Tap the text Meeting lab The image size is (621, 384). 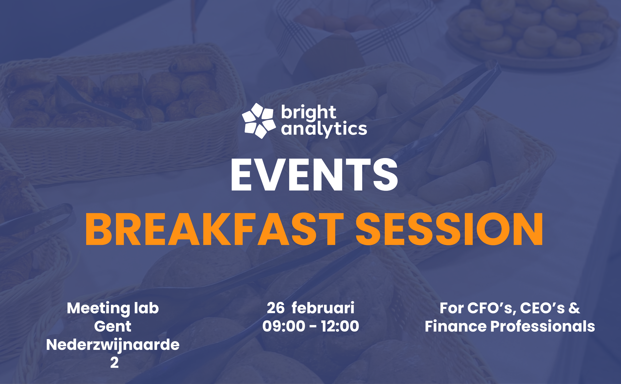113,308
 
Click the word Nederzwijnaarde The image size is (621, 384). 113,345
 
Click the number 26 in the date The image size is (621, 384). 276,308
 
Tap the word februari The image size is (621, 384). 323,308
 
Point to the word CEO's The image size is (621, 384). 542,308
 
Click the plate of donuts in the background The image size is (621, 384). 531,31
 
